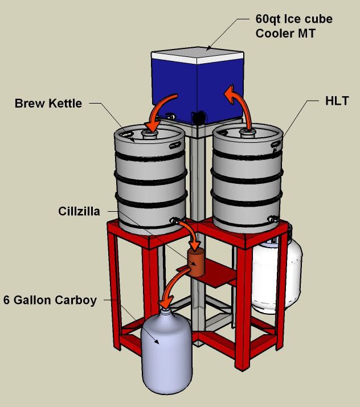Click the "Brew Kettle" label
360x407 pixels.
pyautogui.click(x=48, y=103)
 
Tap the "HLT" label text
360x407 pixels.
pyautogui.click(x=337, y=101)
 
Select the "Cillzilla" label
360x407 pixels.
pyautogui.click(x=79, y=211)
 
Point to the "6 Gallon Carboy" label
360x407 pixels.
pyautogui.click(x=50, y=300)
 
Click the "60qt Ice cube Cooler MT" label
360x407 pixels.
pyautogui.click(x=294, y=26)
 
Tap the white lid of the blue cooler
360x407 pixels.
pyautogui.click(x=198, y=55)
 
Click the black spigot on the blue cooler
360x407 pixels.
pyautogui.click(x=198, y=117)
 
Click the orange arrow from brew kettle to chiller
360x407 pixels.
pyautogui.click(x=192, y=231)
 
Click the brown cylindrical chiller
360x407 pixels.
pyautogui.click(x=196, y=262)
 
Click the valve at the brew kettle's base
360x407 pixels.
pyautogui.click(x=174, y=221)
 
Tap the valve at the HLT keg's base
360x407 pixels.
pyautogui.click(x=273, y=219)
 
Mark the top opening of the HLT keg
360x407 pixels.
pyautogui.click(x=248, y=132)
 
